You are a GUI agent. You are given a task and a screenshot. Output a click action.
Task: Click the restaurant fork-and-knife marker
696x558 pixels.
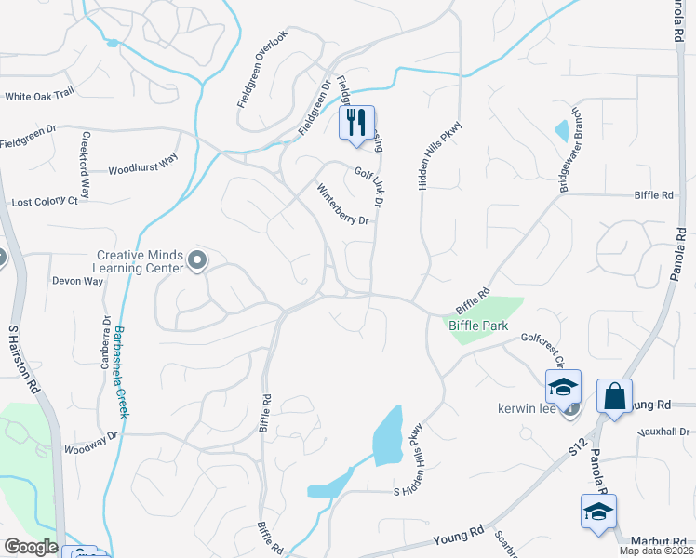356,124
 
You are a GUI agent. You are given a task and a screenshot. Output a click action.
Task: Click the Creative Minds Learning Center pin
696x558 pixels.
196,261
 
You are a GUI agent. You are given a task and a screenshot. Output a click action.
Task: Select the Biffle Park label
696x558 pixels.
477,325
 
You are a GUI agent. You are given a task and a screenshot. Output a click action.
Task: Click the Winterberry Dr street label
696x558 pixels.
344,207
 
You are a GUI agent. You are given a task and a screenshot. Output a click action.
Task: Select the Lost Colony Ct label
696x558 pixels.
44,202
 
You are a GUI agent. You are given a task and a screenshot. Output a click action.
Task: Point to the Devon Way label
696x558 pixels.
77,280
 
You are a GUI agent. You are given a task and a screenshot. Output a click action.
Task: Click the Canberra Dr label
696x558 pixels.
105,341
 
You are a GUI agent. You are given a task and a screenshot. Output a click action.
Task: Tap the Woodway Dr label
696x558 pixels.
91,441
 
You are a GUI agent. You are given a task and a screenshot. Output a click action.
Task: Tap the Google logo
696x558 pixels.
31,547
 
